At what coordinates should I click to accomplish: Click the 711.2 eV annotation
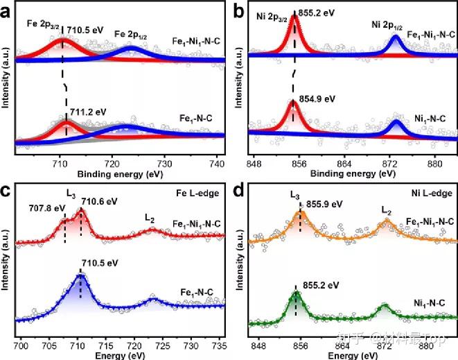pos(89,111)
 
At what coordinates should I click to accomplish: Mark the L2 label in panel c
pos(150,217)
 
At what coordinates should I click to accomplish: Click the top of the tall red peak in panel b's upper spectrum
pos(294,16)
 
